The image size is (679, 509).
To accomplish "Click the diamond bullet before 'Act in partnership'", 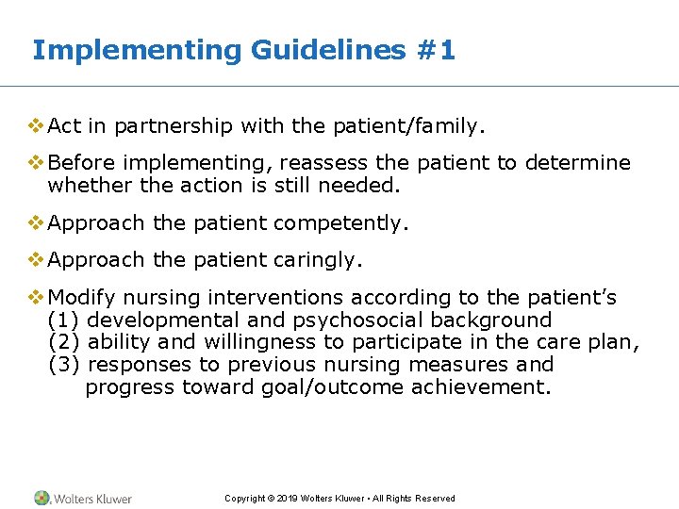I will pos(37,124).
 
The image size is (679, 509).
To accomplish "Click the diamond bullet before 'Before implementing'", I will pos(37,162).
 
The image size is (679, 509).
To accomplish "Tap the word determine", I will pos(577,163).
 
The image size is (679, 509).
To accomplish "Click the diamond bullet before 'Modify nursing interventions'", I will pos(37,297).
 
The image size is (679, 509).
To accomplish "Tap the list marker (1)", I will pos(63,320).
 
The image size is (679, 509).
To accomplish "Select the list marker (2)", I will pos(63,342).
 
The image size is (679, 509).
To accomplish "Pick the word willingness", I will pos(260,342).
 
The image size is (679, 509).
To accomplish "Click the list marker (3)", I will pos(63,365).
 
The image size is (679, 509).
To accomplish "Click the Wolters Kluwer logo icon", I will pos(43,498).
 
